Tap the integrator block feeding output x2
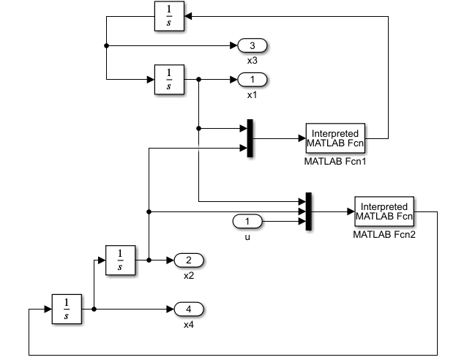tap(121, 260)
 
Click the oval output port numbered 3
tap(253, 46)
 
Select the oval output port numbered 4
tap(188, 309)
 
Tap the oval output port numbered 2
tap(188, 260)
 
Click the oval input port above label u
tap(247, 221)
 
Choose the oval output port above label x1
tap(253, 79)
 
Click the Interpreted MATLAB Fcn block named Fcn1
tap(335, 138)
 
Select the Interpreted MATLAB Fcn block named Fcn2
tap(384, 211)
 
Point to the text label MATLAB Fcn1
tap(334, 161)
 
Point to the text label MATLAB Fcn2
tap(384, 235)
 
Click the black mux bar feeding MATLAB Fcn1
tap(250, 138)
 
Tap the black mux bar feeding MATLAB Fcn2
tap(309, 211)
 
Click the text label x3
tap(253, 61)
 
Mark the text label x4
tap(188, 324)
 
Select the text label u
tap(247, 236)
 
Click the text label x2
tap(188, 275)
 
